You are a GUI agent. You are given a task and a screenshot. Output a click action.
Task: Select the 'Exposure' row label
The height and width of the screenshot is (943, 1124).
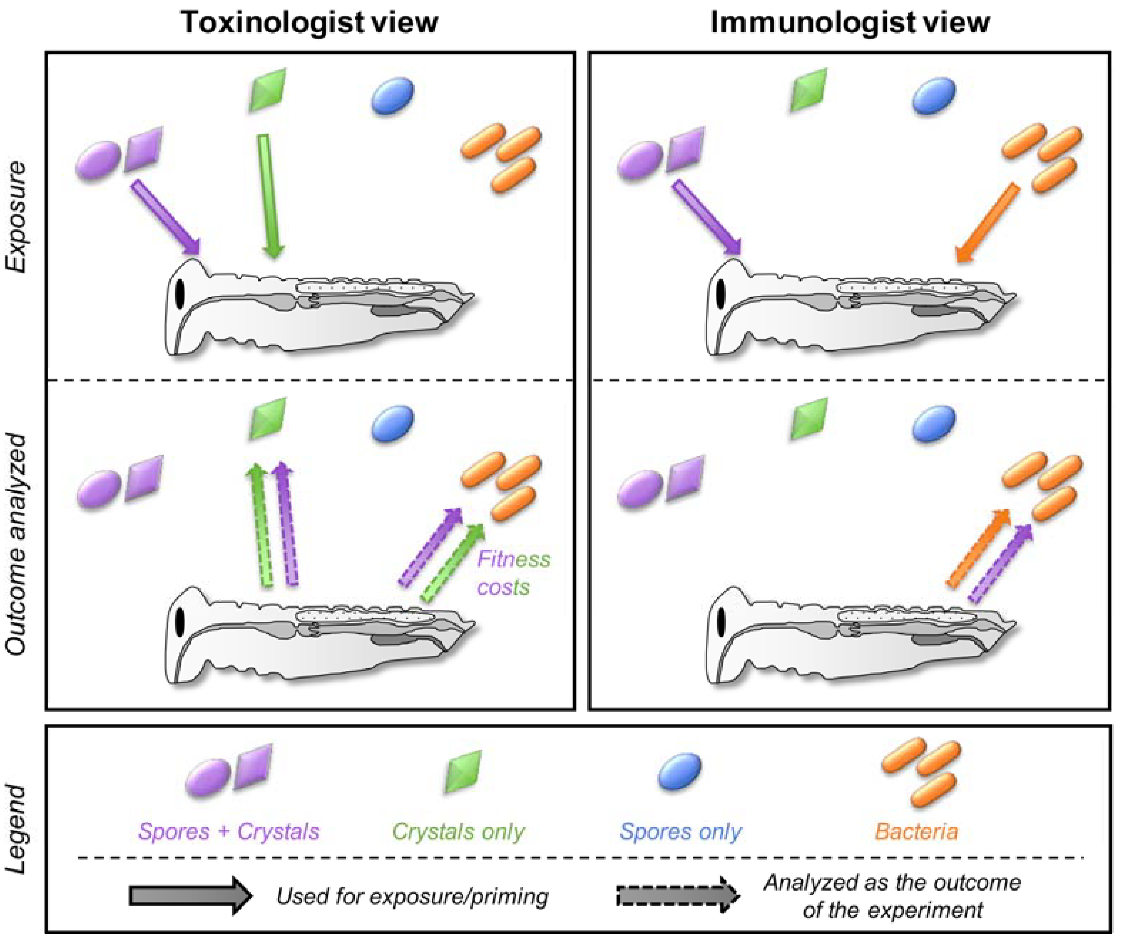(16, 217)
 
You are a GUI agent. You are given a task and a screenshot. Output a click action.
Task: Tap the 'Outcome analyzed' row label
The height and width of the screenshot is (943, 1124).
(16, 543)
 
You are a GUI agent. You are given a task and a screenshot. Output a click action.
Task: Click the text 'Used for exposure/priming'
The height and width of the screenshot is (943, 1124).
(412, 896)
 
